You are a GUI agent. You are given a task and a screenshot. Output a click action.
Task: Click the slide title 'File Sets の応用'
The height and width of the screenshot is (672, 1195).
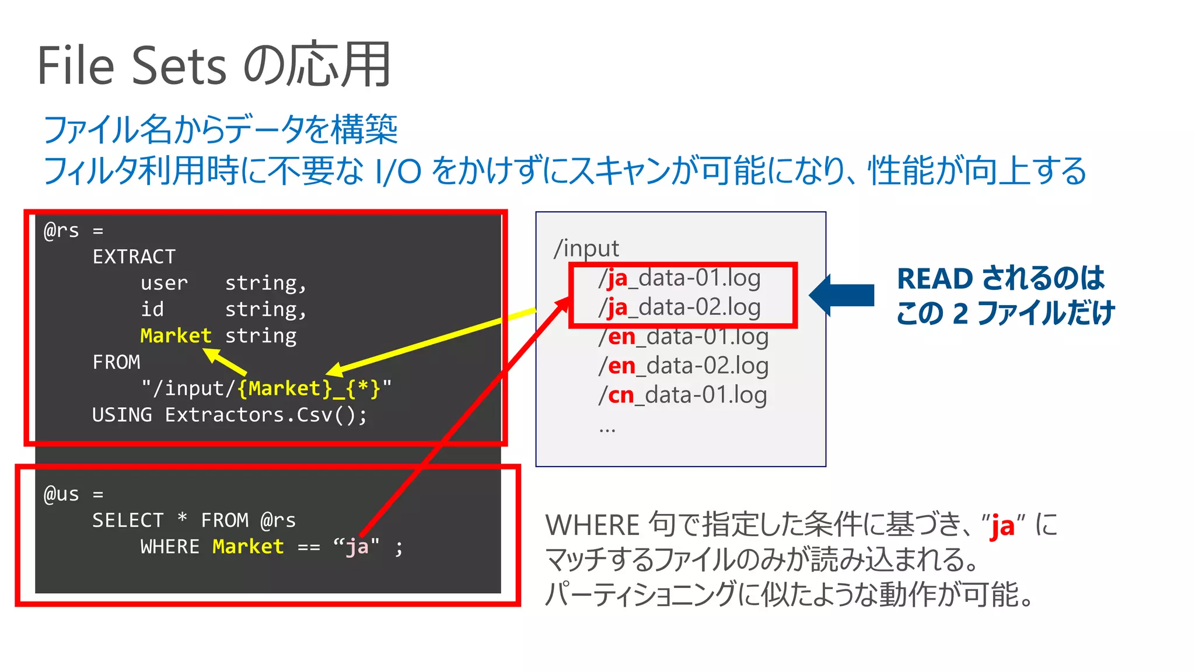click(214, 65)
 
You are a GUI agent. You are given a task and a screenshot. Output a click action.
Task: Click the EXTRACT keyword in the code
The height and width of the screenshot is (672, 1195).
click(134, 257)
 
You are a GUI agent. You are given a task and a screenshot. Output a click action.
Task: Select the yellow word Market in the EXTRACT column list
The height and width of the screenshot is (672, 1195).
click(176, 335)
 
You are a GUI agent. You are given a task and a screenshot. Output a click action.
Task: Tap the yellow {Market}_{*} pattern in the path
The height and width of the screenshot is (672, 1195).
click(309, 388)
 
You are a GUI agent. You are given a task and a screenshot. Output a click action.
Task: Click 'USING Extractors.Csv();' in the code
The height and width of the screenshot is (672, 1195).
click(229, 415)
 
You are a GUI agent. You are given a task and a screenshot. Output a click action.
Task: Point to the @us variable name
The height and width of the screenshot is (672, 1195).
click(61, 494)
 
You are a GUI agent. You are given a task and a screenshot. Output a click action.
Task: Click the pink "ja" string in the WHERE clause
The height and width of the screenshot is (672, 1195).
click(357, 547)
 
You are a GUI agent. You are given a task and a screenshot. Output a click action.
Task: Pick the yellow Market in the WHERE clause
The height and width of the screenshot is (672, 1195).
click(248, 547)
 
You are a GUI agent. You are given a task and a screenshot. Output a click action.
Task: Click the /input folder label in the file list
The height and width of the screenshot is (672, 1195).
click(586, 249)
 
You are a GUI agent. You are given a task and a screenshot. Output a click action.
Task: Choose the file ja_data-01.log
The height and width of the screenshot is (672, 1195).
click(680, 278)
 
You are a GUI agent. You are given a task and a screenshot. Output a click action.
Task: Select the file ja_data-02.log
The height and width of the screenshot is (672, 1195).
click(680, 307)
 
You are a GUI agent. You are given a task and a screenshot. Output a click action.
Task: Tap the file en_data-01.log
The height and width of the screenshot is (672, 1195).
click(683, 337)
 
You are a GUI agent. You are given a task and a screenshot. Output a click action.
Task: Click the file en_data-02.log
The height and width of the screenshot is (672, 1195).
click(683, 366)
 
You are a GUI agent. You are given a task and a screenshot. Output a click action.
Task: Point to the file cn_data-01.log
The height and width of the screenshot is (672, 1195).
click(682, 395)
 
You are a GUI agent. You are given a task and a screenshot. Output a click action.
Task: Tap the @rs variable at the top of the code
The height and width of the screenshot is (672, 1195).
click(61, 230)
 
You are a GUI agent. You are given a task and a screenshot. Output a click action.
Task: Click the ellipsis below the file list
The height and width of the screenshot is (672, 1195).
click(607, 430)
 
